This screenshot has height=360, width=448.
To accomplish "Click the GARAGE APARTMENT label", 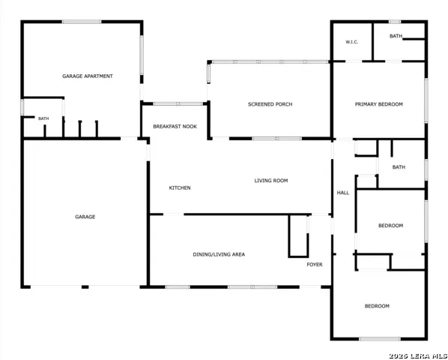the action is point(88,76).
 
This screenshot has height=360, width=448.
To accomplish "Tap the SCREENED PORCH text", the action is point(270,104).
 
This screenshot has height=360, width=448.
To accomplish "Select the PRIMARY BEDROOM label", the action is point(378,104).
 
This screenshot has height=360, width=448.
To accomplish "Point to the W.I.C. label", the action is point(351,42).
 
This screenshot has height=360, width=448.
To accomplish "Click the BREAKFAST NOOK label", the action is point(175,127).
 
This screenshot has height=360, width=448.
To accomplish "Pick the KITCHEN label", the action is point(180,187).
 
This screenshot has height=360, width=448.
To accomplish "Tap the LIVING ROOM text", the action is point(271,181).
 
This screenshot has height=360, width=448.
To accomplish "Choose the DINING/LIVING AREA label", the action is point(219,254).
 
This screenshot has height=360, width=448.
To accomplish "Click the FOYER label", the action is point(315,265).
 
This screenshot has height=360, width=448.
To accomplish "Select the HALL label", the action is point(343,193).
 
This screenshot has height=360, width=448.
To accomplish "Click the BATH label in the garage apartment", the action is point(43,118).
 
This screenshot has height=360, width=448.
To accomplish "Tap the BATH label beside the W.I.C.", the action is point(396,36).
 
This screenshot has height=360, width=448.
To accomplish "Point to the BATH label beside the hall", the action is point(399,167).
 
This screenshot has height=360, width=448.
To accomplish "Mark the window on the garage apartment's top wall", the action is point(82,22).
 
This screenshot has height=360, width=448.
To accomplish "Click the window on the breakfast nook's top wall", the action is point(178,103).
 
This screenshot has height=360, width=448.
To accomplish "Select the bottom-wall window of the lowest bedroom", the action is point(380,339).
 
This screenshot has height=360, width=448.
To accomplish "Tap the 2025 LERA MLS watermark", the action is point(418,356).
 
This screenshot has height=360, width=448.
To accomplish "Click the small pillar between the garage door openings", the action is point(85,286).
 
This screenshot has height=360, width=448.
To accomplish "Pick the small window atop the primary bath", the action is point(395,22).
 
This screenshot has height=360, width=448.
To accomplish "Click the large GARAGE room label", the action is point(85,217).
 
